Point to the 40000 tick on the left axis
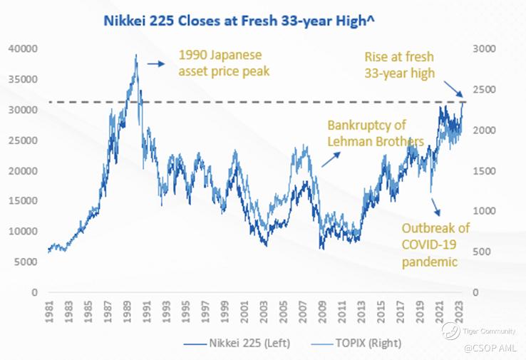coord(25,49)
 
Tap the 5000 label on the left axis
coord(28,262)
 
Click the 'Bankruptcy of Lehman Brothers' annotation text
coord(376,133)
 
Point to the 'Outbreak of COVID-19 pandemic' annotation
coord(435,245)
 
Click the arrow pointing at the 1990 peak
coord(155,64)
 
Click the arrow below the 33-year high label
coord(455,91)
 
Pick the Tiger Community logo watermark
coord(450,329)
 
